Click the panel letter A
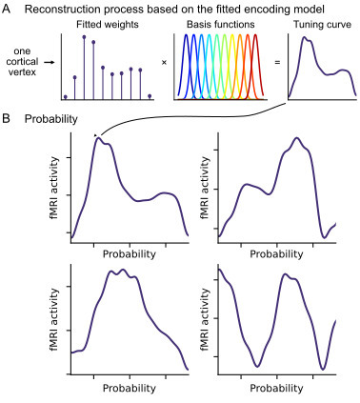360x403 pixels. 7,9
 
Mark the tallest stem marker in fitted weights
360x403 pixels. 84,37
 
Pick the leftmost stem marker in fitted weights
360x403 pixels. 65,96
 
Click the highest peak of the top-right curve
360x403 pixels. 297,138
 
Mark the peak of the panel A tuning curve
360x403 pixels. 305,39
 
